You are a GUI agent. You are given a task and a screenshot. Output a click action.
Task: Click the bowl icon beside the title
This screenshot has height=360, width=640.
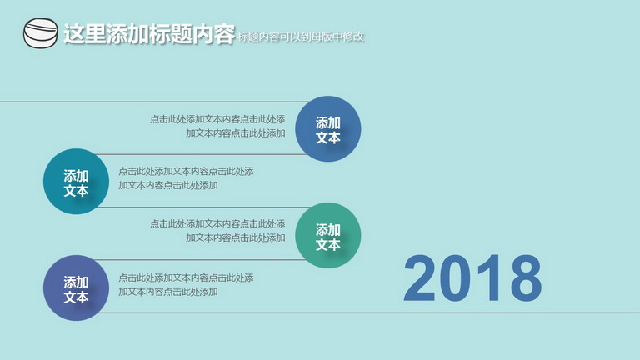click(40, 33)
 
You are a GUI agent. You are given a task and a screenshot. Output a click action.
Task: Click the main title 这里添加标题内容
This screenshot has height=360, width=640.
click(149, 33)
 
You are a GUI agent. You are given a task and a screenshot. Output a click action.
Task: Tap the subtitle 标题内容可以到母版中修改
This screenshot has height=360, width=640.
click(300, 37)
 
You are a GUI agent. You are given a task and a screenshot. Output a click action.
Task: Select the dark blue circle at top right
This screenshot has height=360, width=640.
click(328, 129)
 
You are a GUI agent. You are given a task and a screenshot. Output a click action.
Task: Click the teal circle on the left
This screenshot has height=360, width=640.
click(77, 181)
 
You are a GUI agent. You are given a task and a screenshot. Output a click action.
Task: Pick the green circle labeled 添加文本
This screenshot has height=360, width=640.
click(328, 236)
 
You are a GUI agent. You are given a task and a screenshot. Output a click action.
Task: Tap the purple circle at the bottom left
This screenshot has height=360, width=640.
click(77, 287)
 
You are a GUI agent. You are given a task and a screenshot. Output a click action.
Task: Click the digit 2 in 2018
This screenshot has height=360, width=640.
click(420, 278)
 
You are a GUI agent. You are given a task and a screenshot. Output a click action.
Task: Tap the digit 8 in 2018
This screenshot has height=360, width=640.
click(526, 278)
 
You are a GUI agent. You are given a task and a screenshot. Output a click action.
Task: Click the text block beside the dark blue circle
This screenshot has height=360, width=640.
click(217, 126)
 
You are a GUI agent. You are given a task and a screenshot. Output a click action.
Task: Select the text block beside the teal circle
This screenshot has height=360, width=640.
click(186, 178)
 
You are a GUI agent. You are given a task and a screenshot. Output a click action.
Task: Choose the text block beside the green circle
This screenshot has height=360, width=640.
click(217, 231)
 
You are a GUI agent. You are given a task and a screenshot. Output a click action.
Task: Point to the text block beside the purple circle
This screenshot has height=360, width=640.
click(186, 285)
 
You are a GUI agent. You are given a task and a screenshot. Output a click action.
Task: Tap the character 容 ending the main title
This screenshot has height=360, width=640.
click(224, 33)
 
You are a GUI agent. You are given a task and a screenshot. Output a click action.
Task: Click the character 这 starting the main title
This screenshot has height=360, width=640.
click(74, 33)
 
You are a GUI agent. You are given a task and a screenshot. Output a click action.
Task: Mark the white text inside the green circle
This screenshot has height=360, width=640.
click(328, 237)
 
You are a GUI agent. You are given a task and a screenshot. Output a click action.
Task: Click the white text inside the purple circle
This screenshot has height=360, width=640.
click(77, 289)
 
